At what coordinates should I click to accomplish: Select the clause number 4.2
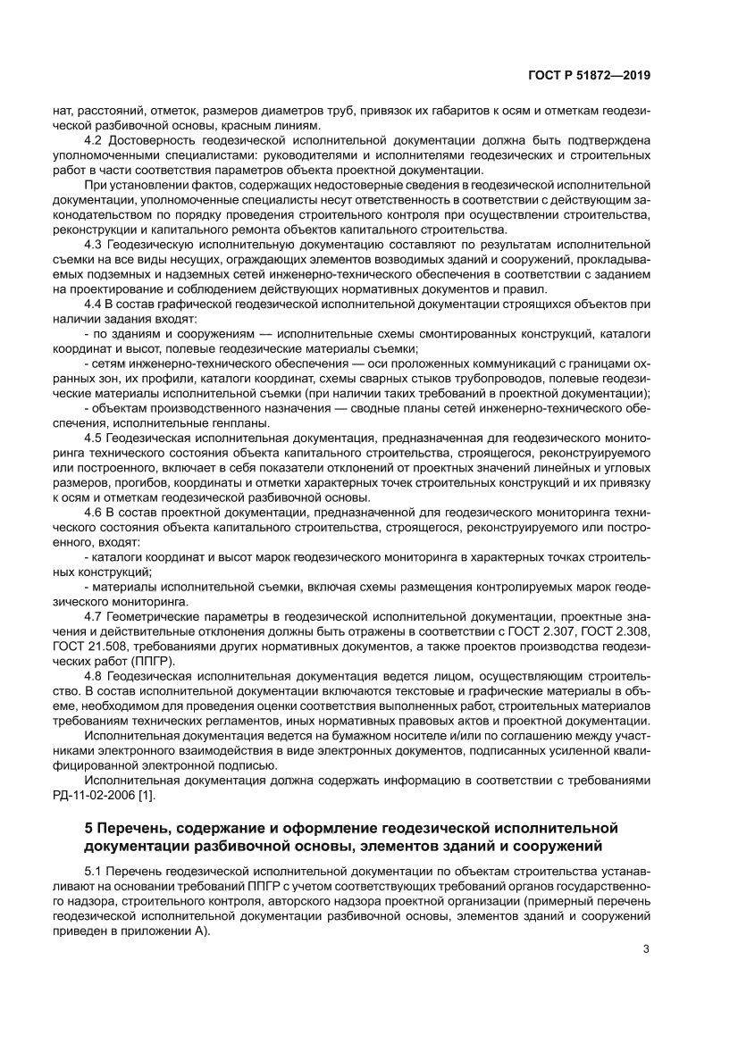click(x=93, y=141)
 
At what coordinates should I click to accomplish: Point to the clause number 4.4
click(x=93, y=305)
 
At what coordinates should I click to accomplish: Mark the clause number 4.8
click(x=93, y=676)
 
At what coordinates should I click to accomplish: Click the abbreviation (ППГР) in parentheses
click(x=153, y=660)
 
